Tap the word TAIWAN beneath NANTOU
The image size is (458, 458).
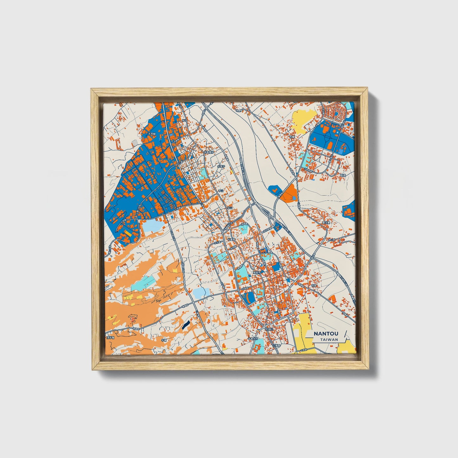click(x=329, y=339)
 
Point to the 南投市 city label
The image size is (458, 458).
click(x=257, y=272)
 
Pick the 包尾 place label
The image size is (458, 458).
click(x=314, y=285)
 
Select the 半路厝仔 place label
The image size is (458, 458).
click(x=209, y=152)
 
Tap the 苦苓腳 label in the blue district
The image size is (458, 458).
click(x=152, y=134)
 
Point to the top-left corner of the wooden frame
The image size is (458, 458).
click(x=92, y=89)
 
